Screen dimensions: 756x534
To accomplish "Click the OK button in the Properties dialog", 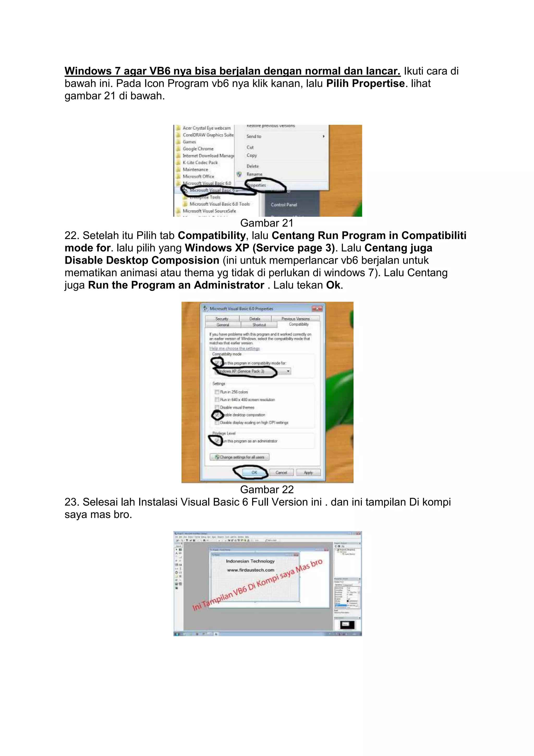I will [x=254, y=472].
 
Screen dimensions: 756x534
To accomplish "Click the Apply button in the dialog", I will [x=308, y=473].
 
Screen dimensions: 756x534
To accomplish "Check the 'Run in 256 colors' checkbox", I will [x=217, y=392].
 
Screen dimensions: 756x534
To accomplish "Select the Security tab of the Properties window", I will [x=222, y=319].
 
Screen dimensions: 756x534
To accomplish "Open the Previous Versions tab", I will [x=295, y=319].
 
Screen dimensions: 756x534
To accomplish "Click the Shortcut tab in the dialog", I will [x=259, y=325].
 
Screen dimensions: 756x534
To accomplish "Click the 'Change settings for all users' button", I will [x=240, y=457].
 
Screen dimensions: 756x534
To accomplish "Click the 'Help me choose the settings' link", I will [x=234, y=348].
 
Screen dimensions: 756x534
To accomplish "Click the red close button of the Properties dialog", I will [x=317, y=309].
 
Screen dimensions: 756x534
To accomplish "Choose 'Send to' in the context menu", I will [x=254, y=136].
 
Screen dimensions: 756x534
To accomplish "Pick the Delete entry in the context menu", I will [x=253, y=166].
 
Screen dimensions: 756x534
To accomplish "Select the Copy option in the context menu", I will [x=252, y=155].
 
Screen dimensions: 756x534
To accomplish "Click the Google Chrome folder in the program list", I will [x=198, y=149].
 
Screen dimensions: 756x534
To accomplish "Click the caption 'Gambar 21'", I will [x=267, y=223].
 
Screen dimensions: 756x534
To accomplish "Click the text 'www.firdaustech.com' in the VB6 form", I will [x=251, y=570].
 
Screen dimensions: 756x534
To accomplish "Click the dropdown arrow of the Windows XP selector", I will [x=288, y=371].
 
